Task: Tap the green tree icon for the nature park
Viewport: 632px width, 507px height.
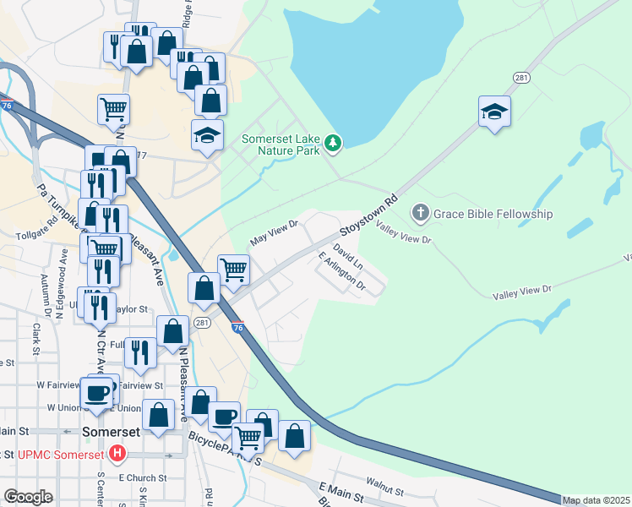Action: click(334, 144)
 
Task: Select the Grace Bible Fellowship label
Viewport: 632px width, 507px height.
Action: click(493, 214)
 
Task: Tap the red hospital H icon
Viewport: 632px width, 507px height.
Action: click(117, 455)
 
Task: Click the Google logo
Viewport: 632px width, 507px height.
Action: click(28, 497)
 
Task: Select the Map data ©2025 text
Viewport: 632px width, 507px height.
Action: click(596, 500)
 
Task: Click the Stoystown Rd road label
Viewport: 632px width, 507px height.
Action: click(368, 217)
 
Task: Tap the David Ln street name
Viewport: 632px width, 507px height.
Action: click(348, 257)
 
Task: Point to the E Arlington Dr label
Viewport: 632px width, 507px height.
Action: click(341, 272)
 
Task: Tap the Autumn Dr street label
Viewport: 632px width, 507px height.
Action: click(47, 291)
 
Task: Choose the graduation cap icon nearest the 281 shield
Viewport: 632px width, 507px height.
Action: click(494, 112)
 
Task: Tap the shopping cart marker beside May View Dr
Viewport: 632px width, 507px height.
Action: click(234, 270)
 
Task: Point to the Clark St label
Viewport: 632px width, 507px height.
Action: click(37, 325)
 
